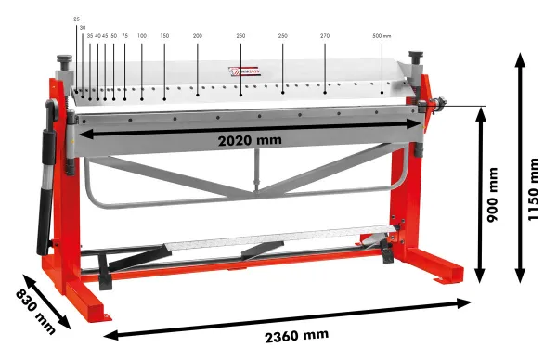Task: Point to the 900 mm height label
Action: [x=493, y=198]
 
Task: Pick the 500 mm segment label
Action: [x=381, y=35]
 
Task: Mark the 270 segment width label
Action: [x=325, y=35]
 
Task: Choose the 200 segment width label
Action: [x=197, y=35]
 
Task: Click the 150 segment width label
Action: [x=163, y=35]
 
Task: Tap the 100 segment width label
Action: [x=141, y=35]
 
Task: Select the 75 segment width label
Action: [x=124, y=35]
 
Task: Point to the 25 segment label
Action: [x=76, y=18]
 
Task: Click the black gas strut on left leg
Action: [x=43, y=189]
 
